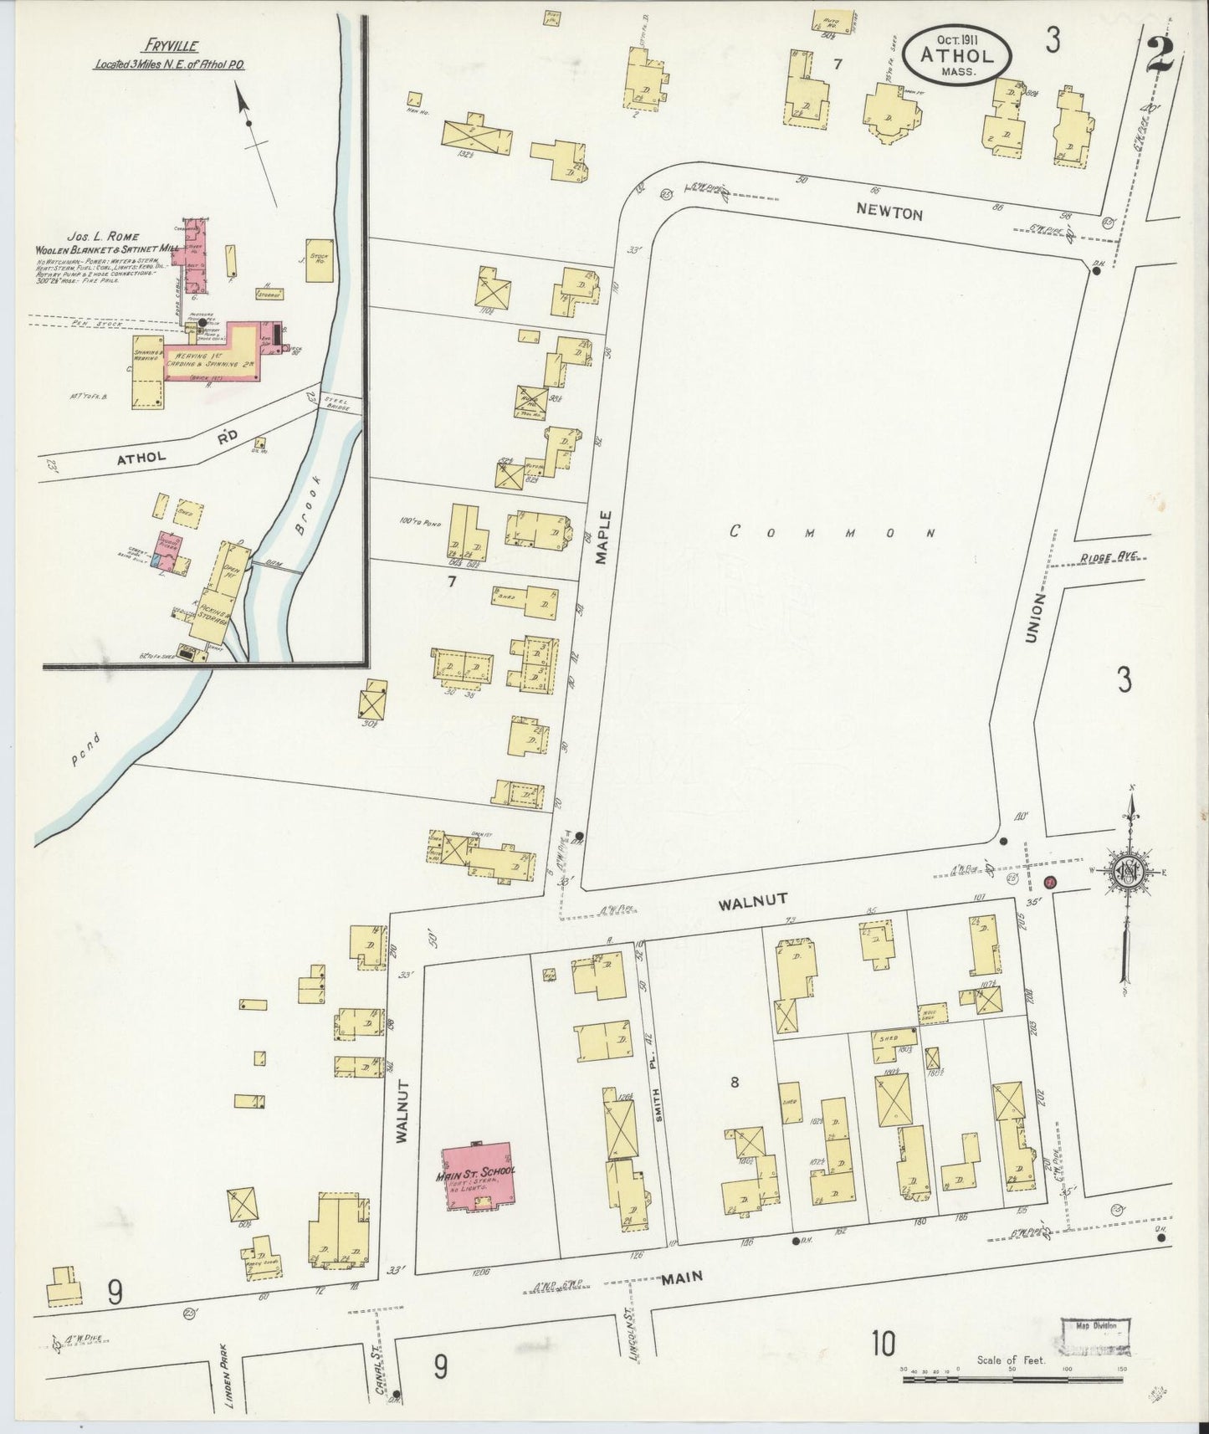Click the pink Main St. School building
click(478, 1178)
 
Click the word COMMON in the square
click(832, 532)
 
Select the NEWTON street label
click(890, 214)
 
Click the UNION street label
click(1036, 618)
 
